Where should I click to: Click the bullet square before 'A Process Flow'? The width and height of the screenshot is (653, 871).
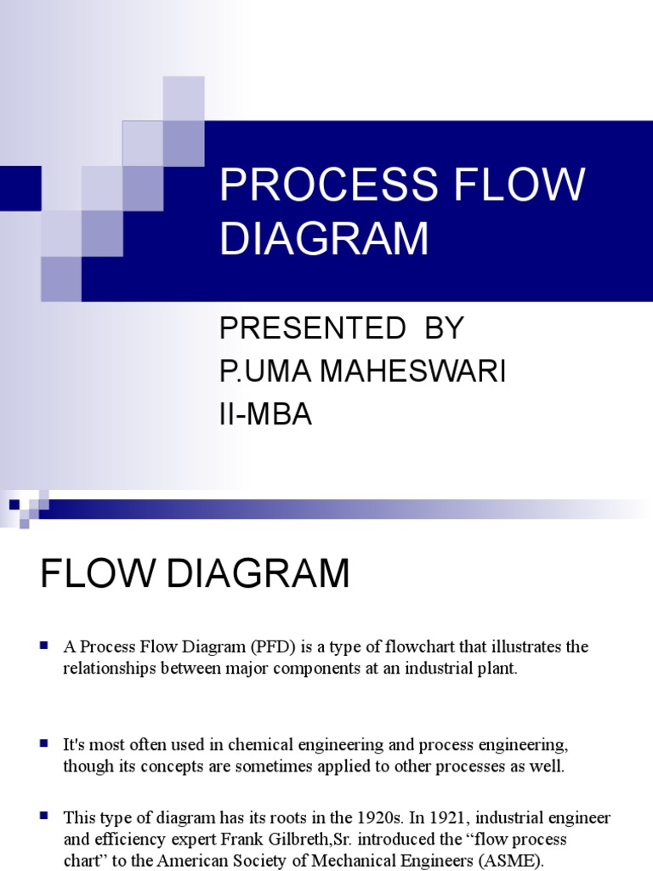[x=43, y=646]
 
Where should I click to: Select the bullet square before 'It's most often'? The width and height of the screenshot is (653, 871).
[x=43, y=743]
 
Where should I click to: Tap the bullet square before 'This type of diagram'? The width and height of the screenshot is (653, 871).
[x=43, y=817]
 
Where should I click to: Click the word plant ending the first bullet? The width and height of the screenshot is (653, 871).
[x=496, y=668]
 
